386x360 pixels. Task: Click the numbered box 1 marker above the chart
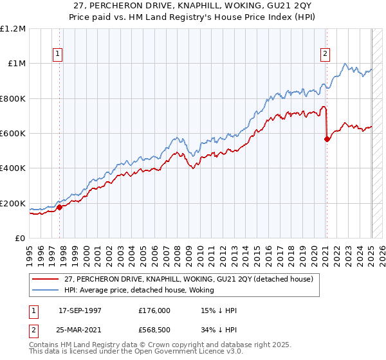59,55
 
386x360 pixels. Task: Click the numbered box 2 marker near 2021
326,55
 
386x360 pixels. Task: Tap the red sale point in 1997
60,207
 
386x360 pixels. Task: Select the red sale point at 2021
327,139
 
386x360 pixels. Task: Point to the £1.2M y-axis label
13,29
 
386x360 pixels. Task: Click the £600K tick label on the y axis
13,134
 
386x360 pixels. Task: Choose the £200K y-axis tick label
13,203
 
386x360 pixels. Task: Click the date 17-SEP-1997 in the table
80,310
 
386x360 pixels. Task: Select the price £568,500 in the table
154,330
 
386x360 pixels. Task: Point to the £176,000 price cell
154,310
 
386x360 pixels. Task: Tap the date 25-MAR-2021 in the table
80,330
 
